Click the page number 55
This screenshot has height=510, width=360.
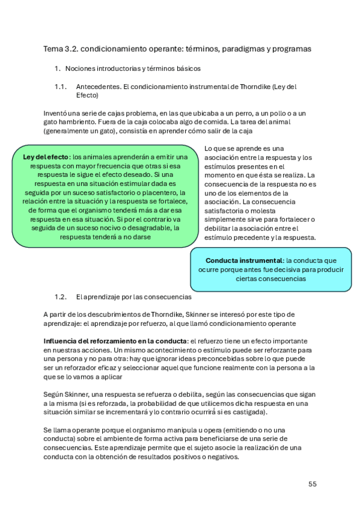[312, 484]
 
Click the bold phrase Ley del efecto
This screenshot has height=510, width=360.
[46, 157]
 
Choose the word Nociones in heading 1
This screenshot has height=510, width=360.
[81, 69]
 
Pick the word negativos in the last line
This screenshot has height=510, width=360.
[220, 456]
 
